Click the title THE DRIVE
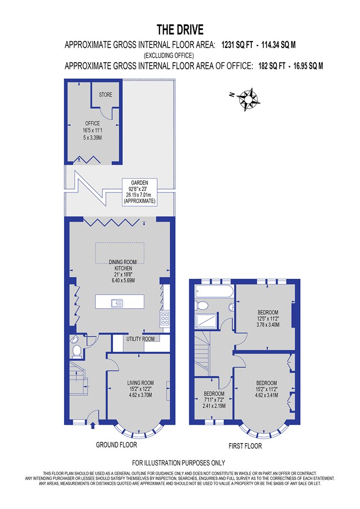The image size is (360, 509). pos(180,30)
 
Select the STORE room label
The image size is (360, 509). pos(106,95)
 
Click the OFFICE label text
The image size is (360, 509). pos(93,123)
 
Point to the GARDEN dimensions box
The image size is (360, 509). pos(140,192)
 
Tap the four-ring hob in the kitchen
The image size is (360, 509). pos(165,318)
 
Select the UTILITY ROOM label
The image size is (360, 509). pos(140,339)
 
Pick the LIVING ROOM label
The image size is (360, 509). pos(140,383)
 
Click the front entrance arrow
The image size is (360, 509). pos(93,425)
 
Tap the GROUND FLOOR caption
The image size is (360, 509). pos(116,445)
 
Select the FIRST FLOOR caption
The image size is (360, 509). pos(245,446)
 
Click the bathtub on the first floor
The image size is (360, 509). pos(214,291)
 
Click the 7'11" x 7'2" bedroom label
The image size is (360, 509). pos(214,400)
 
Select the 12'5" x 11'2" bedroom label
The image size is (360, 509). pos(268,318)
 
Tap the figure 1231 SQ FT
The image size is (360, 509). pos(237,45)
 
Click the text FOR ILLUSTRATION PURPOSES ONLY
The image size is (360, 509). pos(179,462)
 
